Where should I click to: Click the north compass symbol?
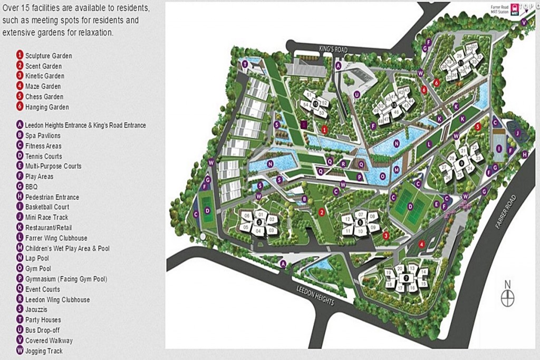(x=508, y=297)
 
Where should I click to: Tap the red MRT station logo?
(x=515, y=12)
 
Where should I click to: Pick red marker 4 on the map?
(x=421, y=244)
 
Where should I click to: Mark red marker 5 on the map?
(x=477, y=127)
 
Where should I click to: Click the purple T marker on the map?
(x=245, y=64)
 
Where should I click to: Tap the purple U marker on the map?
(x=357, y=95)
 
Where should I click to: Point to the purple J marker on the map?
(x=517, y=133)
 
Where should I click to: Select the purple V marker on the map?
(x=524, y=22)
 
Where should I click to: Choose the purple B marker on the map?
(x=305, y=199)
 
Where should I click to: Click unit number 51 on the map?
(x=308, y=94)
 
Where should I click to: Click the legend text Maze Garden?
(x=43, y=86)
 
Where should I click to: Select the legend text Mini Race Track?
(x=46, y=217)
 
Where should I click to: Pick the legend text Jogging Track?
(x=44, y=351)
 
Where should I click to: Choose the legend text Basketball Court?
(x=47, y=207)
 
